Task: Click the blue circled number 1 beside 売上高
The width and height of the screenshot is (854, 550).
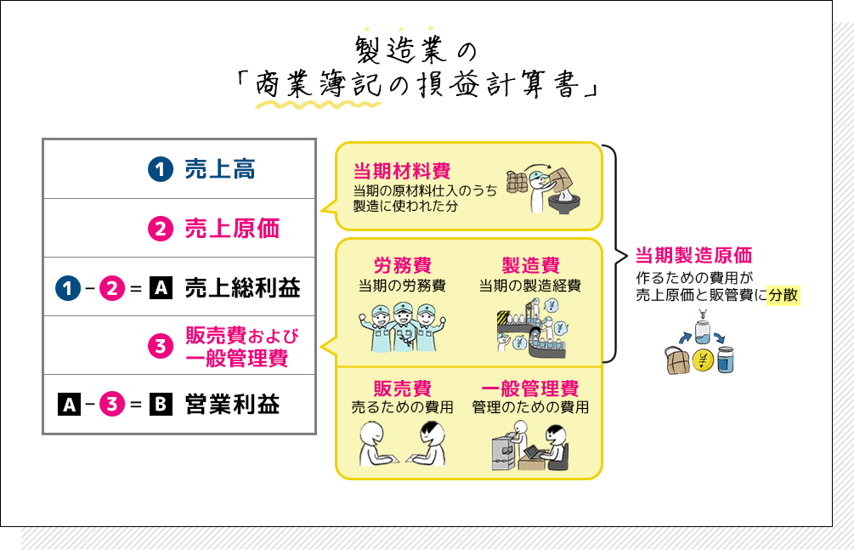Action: coord(161,169)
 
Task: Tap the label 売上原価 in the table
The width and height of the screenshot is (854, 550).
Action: coord(232,229)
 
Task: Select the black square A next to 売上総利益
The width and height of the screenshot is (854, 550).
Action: coord(161,288)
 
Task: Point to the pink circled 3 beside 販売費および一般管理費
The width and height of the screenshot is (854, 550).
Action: coord(161,346)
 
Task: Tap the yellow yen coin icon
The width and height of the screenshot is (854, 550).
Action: coord(702,359)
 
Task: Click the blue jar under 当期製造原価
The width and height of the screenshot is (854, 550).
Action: coord(725,360)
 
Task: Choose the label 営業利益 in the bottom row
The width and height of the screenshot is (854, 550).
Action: coord(232,405)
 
